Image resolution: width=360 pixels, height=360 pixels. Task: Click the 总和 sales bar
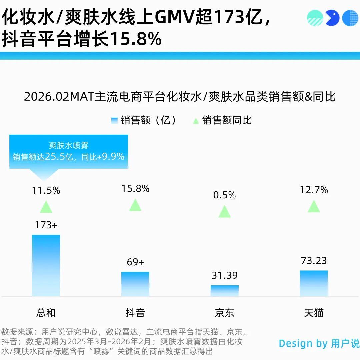[46, 265]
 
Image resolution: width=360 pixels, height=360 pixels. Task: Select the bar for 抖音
[135, 284]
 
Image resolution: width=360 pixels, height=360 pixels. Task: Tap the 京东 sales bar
[225, 290]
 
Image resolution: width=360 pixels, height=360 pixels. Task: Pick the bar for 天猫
[314, 283]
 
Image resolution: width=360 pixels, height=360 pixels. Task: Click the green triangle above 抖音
[135, 205]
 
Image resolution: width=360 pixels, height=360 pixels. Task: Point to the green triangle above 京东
[225, 212]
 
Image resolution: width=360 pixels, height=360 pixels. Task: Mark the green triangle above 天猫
[314, 207]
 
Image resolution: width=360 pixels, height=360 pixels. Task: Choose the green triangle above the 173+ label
[46, 207]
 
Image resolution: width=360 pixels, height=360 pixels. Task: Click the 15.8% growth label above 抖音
[135, 189]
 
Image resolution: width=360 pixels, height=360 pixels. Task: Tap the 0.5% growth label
[225, 195]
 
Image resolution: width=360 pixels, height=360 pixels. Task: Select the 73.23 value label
[314, 260]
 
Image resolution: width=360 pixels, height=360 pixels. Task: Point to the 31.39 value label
[225, 275]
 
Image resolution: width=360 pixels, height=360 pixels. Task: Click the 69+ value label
[135, 262]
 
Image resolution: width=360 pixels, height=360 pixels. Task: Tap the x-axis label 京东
[225, 313]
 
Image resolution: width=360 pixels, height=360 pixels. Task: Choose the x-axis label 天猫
[314, 313]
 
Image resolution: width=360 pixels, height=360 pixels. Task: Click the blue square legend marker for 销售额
[114, 120]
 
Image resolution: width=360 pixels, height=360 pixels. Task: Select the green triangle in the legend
[196, 120]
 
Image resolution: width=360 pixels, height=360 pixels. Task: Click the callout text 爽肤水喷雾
[69, 145]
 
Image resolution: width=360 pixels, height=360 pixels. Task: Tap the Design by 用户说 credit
[319, 343]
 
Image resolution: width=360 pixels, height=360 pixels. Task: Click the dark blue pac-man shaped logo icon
[332, 18]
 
